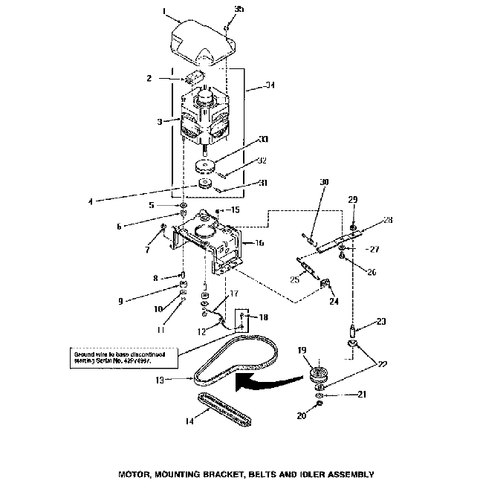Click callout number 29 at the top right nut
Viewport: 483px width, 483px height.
352,201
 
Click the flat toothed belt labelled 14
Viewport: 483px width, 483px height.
224,408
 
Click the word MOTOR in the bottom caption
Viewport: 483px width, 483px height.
136,473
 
